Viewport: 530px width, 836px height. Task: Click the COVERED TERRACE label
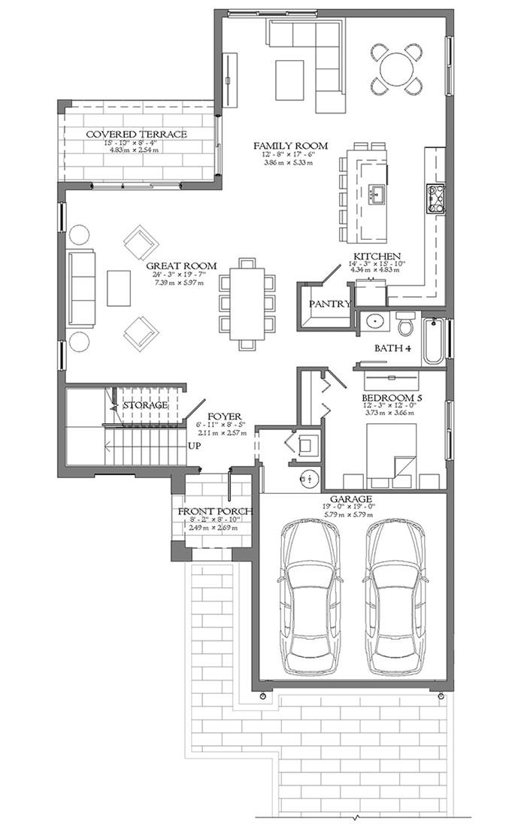(136, 135)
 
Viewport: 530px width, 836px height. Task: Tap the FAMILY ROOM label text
(290, 145)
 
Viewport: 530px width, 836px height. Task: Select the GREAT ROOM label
(181, 266)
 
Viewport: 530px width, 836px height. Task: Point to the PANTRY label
(330, 304)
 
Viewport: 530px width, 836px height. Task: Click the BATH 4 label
(392, 349)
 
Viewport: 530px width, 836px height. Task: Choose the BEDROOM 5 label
(389, 398)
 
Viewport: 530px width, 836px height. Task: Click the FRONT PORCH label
(214, 512)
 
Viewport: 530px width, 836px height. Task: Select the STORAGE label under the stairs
(145, 405)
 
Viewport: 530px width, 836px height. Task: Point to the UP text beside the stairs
(194, 445)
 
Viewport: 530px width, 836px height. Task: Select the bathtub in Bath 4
(434, 343)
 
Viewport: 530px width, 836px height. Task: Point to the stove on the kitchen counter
(436, 199)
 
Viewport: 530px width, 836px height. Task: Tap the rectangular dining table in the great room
(247, 304)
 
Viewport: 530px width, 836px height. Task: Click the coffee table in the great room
(119, 288)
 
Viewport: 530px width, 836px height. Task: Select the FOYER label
(225, 413)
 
